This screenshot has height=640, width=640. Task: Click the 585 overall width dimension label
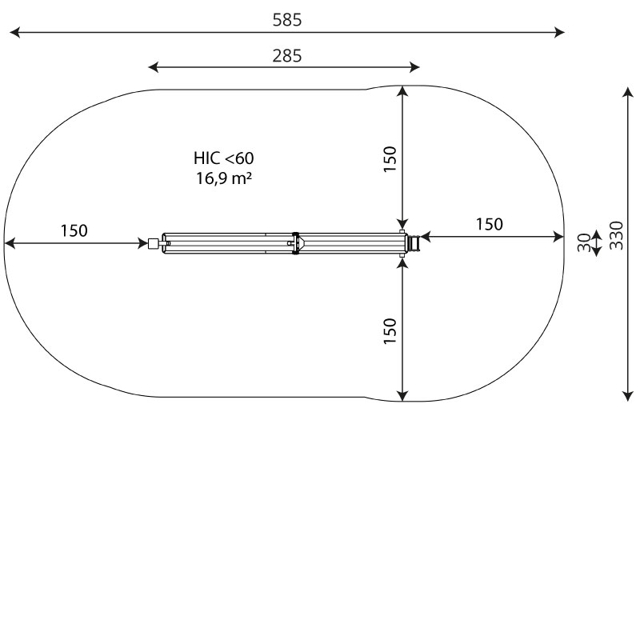(287, 19)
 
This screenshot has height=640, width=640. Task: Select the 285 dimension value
(287, 55)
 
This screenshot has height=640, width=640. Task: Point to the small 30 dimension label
(584, 242)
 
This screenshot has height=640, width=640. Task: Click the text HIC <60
(224, 158)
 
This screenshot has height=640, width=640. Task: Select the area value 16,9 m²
(224, 178)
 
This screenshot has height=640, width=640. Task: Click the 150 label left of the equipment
(74, 230)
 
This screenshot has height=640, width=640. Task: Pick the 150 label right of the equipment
(490, 224)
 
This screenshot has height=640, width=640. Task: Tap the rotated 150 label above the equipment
(390, 158)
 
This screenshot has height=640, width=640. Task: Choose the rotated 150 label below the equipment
(390, 331)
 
